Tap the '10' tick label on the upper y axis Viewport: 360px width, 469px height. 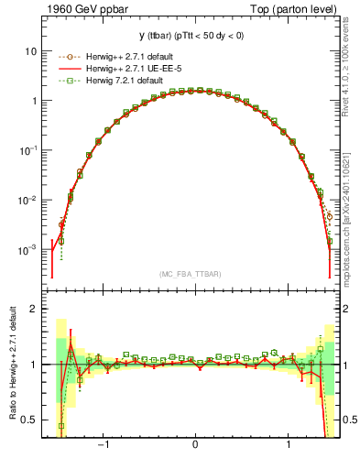click(x=33, y=51)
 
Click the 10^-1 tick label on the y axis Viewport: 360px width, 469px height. click(x=30, y=150)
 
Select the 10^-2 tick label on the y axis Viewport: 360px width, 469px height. click(x=30, y=200)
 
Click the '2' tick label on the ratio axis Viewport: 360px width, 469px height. click(x=36, y=309)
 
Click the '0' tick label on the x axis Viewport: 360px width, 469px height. click(x=195, y=447)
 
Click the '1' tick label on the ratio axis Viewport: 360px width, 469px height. click(x=36, y=365)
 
